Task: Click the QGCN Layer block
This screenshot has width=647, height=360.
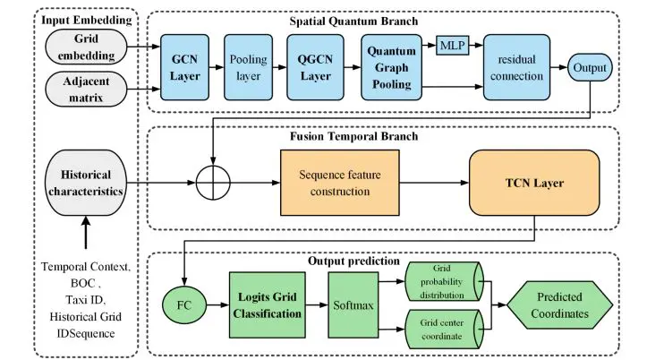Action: [314, 70]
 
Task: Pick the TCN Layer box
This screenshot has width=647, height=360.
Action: [533, 184]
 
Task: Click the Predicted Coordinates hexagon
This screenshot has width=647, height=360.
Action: [557, 304]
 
